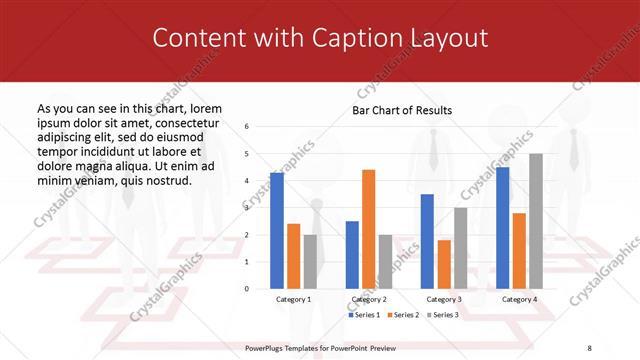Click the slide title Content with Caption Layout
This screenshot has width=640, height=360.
[320, 38]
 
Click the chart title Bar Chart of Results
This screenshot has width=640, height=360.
[402, 110]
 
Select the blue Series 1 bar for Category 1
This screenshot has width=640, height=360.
[277, 230]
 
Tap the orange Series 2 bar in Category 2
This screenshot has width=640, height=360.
[368, 229]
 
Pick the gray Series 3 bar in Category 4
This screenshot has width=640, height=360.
[536, 221]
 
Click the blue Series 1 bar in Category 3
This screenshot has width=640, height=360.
[427, 241]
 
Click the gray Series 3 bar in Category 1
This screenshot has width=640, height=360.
[310, 261]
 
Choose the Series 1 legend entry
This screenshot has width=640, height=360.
[365, 315]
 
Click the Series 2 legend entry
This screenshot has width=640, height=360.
[403, 315]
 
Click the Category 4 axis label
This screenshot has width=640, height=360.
[519, 299]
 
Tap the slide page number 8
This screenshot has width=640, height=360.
[589, 348]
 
